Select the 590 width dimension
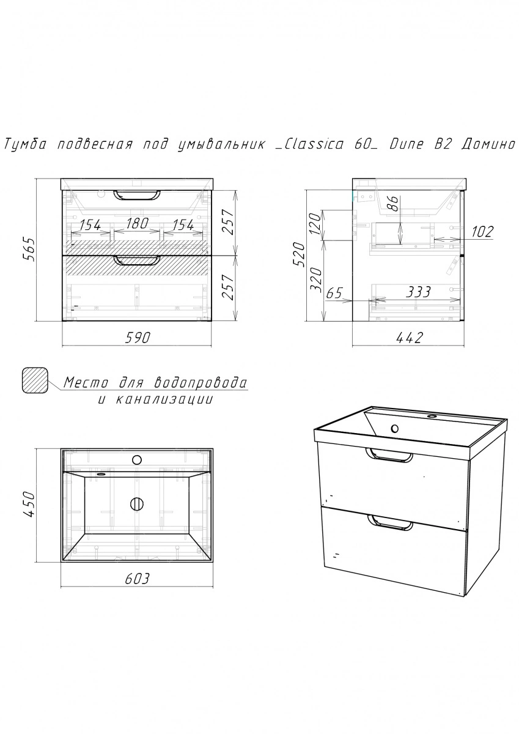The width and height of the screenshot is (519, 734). point(137,337)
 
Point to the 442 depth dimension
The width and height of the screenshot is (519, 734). point(410,337)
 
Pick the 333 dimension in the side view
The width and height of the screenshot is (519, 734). point(418,292)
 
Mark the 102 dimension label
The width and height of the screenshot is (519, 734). point(482,232)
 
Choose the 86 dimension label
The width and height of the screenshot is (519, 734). point(394,204)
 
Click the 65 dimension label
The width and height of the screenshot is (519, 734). point(334,292)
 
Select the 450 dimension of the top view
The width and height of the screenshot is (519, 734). point(29,504)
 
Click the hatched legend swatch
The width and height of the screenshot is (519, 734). point(35,380)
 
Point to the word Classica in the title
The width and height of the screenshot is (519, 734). point(314,144)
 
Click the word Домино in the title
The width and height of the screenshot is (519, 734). point(488,144)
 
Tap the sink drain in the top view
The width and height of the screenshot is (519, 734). point(137,503)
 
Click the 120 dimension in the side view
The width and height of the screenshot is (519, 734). point(315,226)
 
